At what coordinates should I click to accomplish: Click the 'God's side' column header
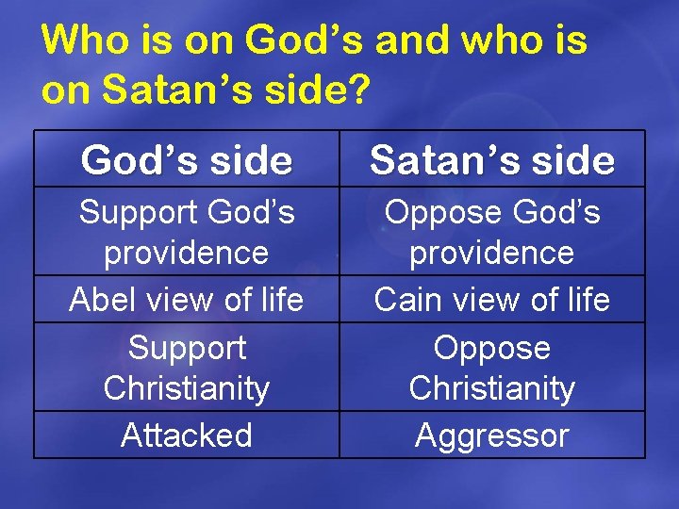187,160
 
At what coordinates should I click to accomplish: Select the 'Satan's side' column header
492,160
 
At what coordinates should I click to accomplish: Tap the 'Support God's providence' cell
187,232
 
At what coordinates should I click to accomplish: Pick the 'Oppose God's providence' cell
492,232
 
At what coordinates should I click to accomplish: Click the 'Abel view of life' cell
187,300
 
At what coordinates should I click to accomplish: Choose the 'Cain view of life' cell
492,300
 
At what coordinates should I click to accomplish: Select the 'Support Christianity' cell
187,368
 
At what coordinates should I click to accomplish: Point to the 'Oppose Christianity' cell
492,368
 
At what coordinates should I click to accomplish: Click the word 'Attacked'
187,435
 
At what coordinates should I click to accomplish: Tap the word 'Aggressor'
492,435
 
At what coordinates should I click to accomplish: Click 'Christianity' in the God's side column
187,388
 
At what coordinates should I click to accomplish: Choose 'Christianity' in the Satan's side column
492,388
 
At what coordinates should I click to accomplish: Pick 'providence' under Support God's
187,253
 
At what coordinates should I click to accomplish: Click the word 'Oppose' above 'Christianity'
492,348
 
